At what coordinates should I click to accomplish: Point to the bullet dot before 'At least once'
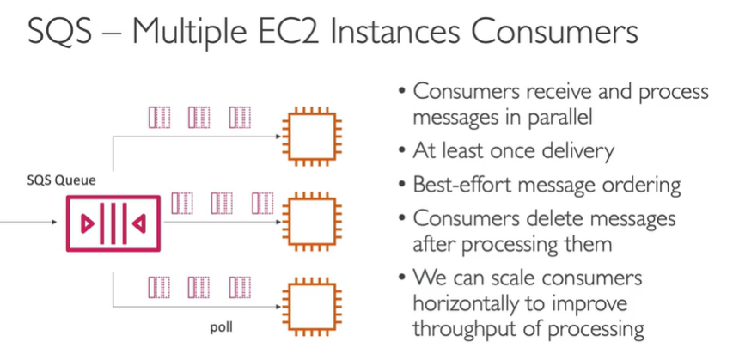[x=402, y=152]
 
